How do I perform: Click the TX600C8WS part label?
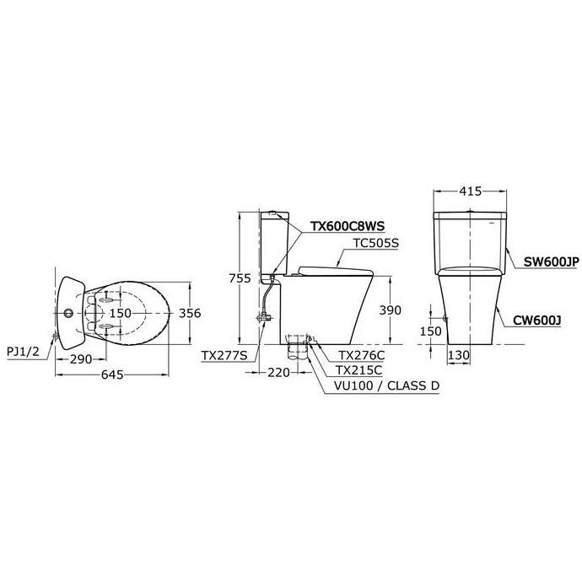pyautogui.click(x=346, y=226)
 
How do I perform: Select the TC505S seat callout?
pyautogui.click(x=378, y=243)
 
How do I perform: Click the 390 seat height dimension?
pyautogui.click(x=391, y=310)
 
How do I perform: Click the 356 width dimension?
pyautogui.click(x=191, y=313)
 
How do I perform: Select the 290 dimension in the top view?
pyautogui.click(x=82, y=359)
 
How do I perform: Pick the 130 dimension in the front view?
pyautogui.click(x=459, y=356)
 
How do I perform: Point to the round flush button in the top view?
pyautogui.click(x=67, y=314)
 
